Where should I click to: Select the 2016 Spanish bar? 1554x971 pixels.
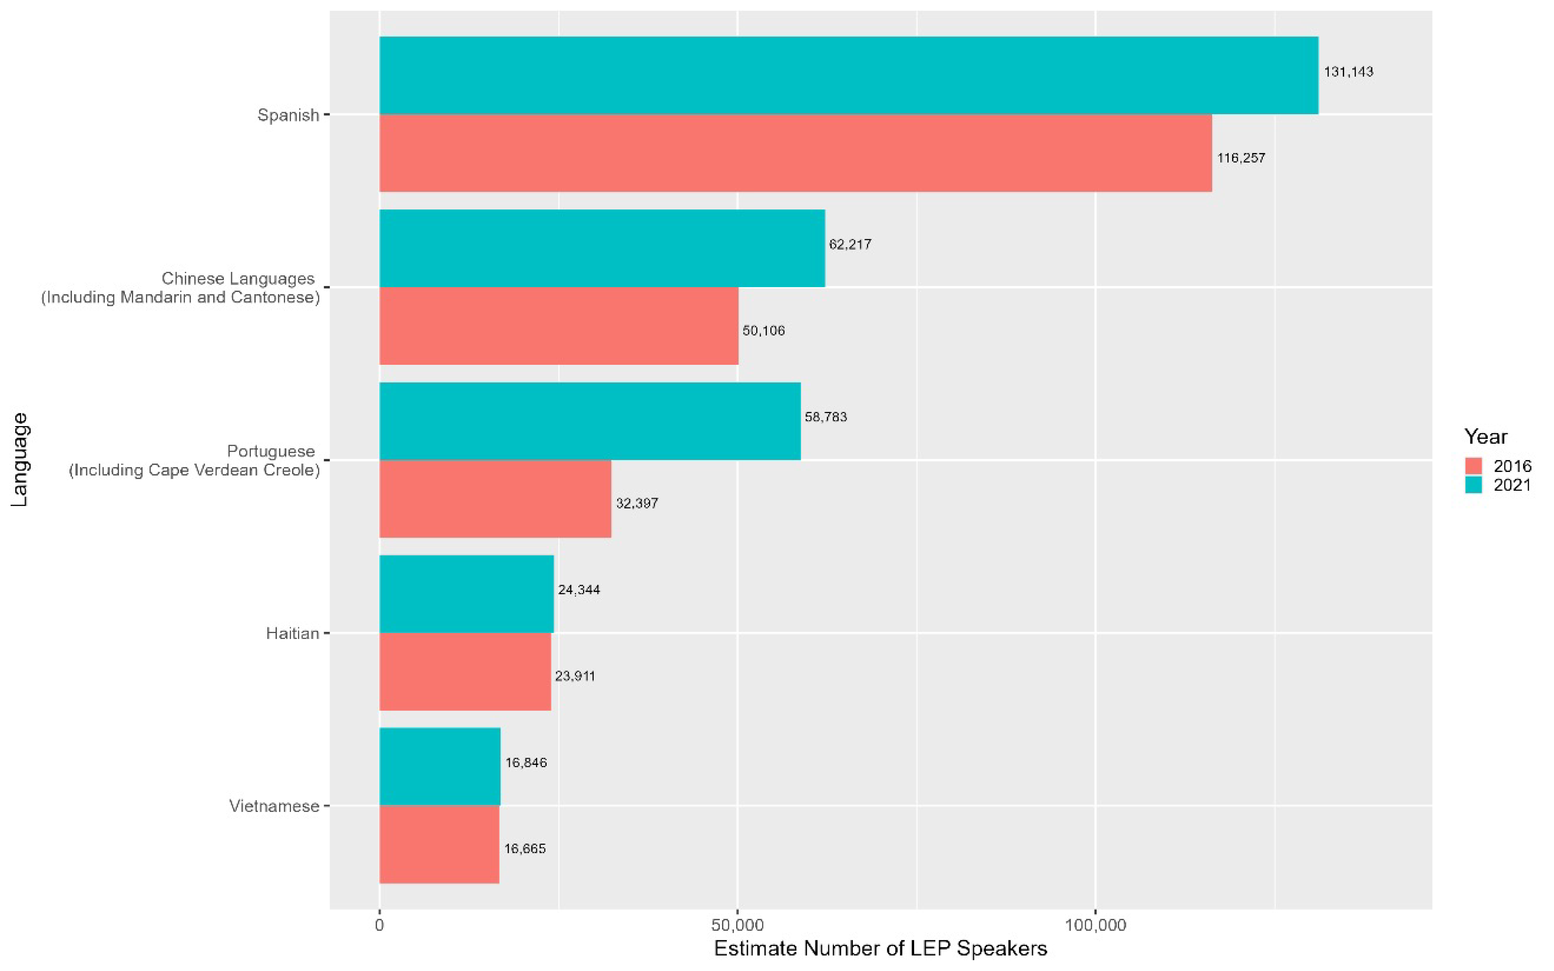(x=795, y=153)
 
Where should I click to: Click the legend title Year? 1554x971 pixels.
(x=1485, y=437)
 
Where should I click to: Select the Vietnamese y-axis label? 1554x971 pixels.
(x=274, y=806)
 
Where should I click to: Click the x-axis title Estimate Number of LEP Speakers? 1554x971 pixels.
(x=880, y=948)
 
